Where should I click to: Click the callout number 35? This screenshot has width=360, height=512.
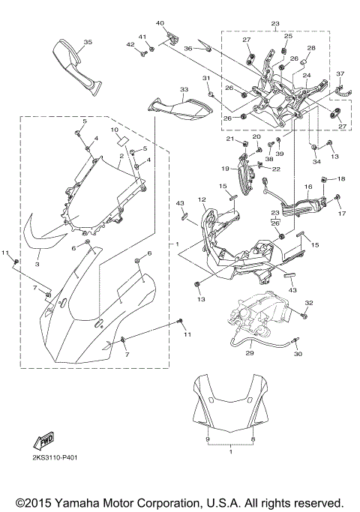[87, 42]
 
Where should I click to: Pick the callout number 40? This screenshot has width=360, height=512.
[159, 23]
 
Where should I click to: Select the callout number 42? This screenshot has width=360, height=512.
[130, 45]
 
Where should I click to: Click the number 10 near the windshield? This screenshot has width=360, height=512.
[115, 130]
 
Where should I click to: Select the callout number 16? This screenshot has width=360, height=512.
[307, 185]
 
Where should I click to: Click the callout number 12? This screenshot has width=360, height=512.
[202, 199]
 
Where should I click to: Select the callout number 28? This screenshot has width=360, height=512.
[311, 48]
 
